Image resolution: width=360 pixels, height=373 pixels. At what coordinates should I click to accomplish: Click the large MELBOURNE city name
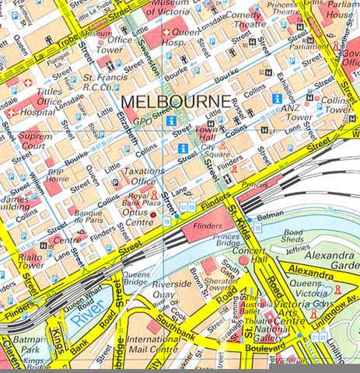coord(176,102)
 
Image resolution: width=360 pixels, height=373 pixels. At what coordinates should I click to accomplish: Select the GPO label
coord(142,121)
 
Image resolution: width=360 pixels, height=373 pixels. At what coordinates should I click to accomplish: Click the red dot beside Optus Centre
coord(154,214)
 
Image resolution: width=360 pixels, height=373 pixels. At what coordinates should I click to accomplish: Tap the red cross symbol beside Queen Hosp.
coord(168,33)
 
